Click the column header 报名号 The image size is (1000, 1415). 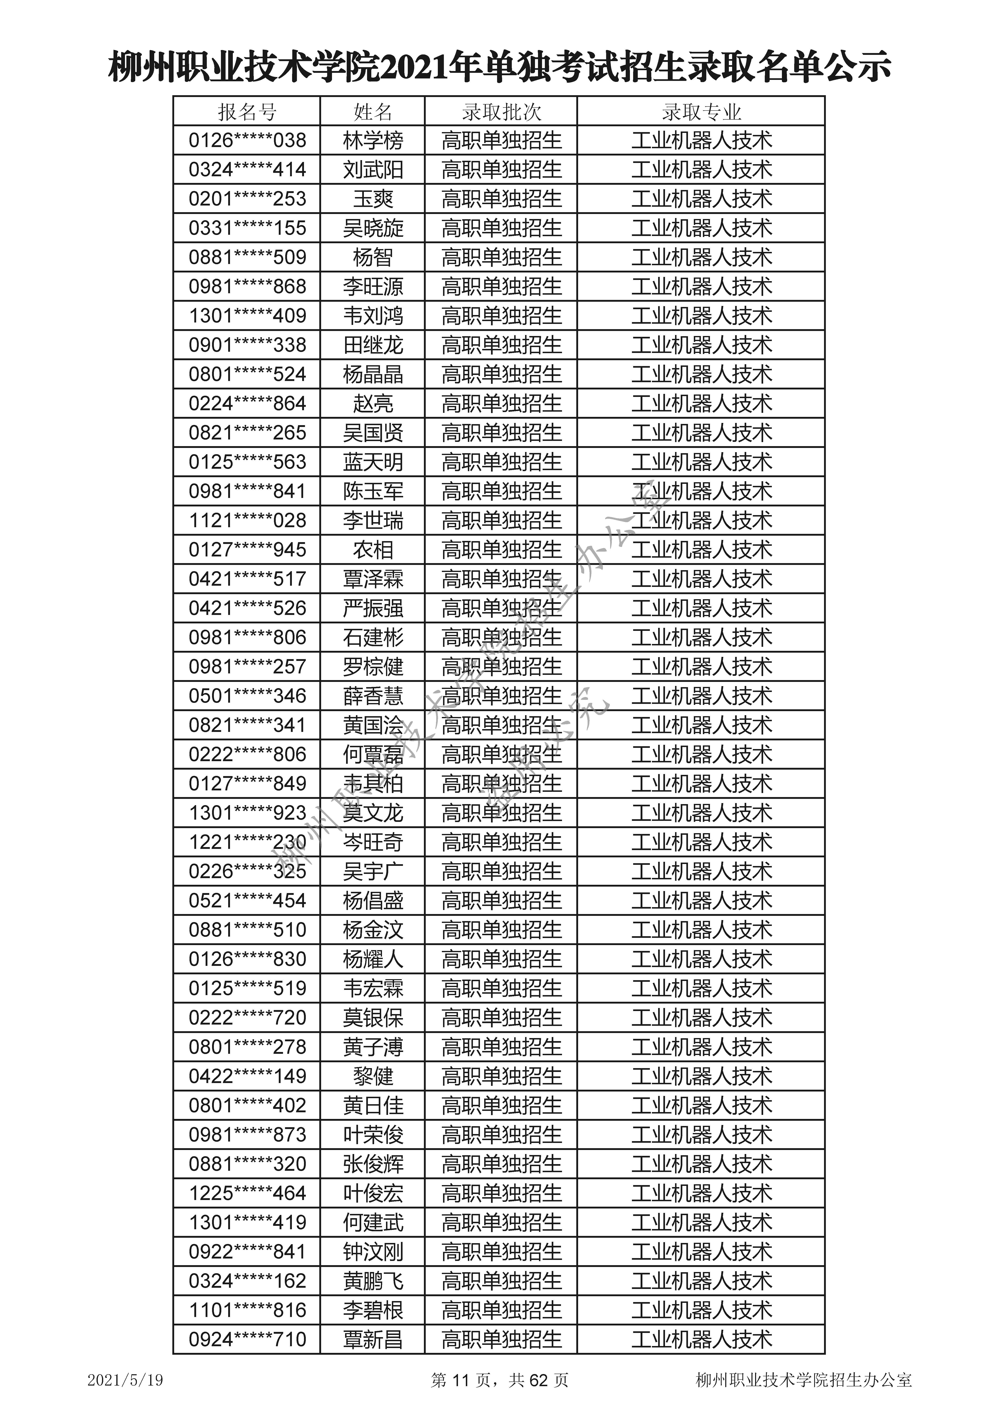tap(247, 112)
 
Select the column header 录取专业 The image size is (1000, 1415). tap(701, 112)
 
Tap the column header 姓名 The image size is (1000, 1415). tap(373, 112)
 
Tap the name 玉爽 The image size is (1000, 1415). tap(373, 199)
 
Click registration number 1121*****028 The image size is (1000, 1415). tap(247, 521)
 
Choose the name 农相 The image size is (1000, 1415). tap(373, 550)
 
